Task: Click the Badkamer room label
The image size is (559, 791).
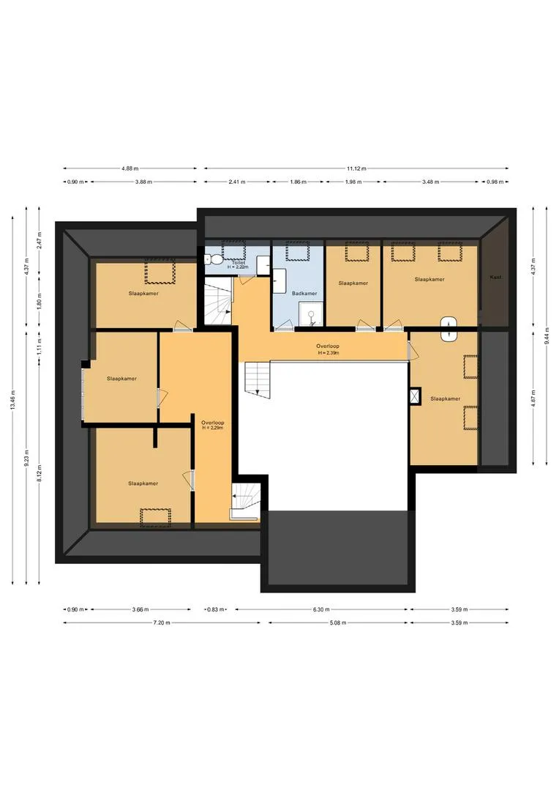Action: point(304,293)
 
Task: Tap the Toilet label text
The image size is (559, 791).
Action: point(239,263)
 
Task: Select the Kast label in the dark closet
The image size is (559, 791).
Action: point(495,278)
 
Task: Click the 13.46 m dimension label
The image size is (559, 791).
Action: point(12,400)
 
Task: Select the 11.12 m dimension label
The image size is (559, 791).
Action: point(356,168)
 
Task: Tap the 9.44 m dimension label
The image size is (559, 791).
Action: point(546,336)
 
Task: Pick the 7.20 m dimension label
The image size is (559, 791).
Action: point(162,623)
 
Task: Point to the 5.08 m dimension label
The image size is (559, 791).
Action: point(338,623)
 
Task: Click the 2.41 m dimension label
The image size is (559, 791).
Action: point(237,182)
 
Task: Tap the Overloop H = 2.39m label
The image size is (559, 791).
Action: point(328,349)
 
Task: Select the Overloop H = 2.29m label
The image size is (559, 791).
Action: point(213,426)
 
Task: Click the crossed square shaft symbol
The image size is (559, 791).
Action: point(416,396)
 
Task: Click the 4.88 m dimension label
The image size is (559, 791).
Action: point(130,168)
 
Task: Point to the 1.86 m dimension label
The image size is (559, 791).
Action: point(298,182)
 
